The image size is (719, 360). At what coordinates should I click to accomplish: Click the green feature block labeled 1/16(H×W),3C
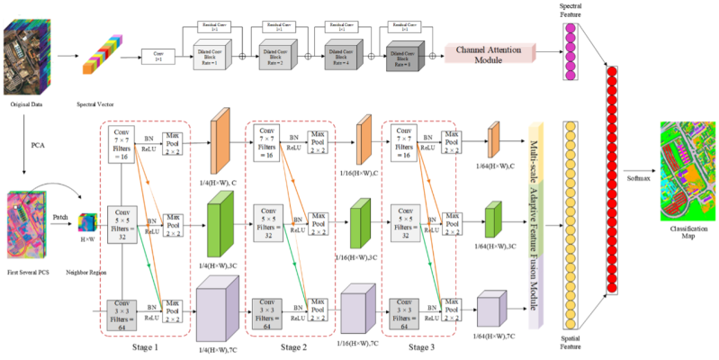coord(361,220)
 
